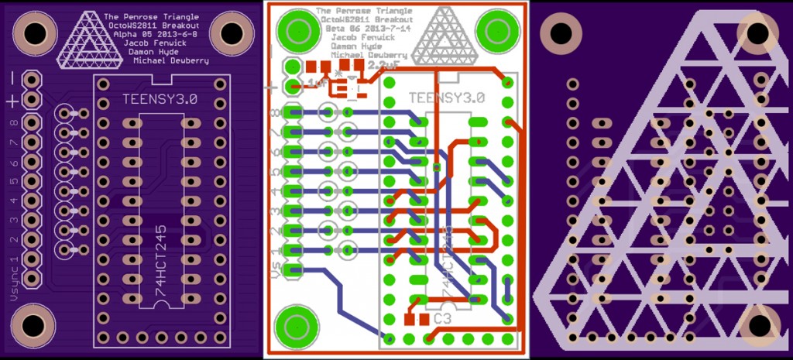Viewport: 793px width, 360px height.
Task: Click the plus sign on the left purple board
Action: pos(13,101)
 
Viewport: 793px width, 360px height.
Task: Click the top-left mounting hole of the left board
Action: pos(34,32)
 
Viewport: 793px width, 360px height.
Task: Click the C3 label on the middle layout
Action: pos(443,318)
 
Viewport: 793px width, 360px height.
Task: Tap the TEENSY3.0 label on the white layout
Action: pos(445,98)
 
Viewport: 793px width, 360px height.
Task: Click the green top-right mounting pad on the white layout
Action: pos(495,30)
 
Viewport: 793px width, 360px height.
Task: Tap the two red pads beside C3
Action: pos(416,318)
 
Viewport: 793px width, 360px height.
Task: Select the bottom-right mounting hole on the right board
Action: pos(760,324)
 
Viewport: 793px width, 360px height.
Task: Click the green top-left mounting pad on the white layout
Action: pos(297,30)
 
